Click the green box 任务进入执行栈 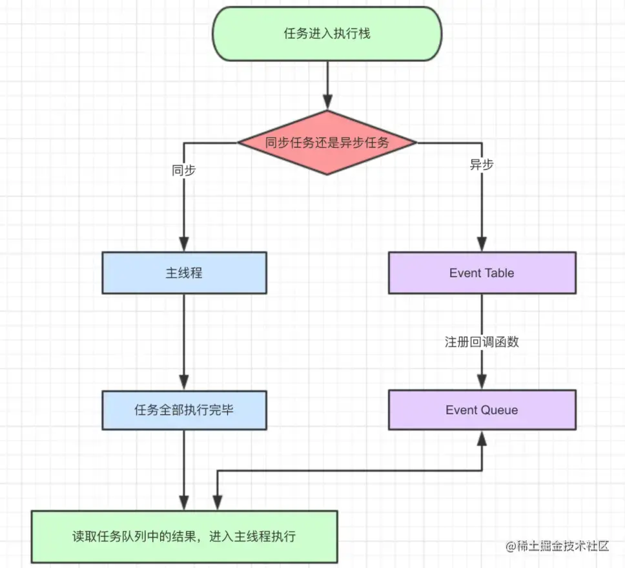327,34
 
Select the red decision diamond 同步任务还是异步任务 327,143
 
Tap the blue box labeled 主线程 184,273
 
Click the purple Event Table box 482,273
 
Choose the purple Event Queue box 482,410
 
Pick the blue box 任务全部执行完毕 184,410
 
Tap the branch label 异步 482,165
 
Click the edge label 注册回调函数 482,342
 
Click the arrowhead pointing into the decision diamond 327,103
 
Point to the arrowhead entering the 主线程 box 184,245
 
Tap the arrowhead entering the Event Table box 482,245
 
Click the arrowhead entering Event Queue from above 482,383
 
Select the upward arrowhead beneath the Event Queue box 482,437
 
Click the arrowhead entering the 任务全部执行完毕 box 184,383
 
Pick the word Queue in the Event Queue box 498,410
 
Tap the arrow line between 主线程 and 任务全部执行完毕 184,336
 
